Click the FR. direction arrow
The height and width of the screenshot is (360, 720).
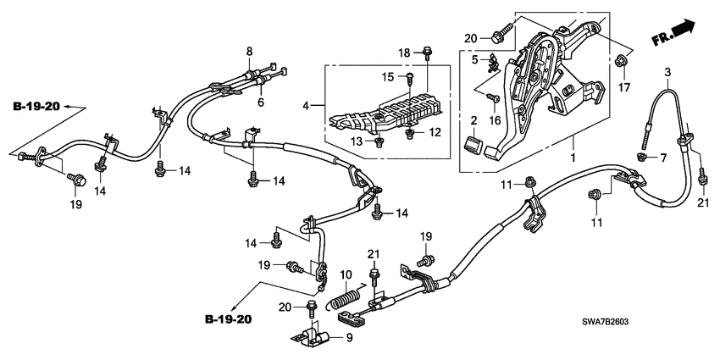[674, 36]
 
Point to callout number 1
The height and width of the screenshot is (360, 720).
[573, 158]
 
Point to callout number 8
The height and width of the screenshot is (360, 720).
[249, 53]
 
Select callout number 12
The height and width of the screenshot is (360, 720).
[435, 132]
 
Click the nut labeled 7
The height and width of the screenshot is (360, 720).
[641, 157]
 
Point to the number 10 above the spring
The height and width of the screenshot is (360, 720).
[346, 275]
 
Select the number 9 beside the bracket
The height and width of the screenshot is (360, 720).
[347, 338]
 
